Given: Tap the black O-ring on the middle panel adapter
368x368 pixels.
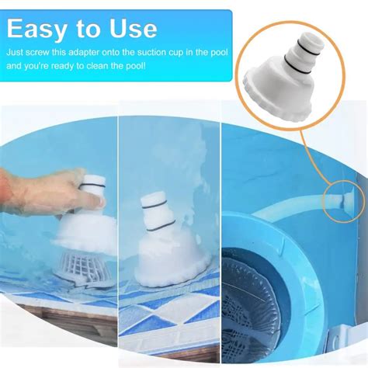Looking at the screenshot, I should tap(162, 227).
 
